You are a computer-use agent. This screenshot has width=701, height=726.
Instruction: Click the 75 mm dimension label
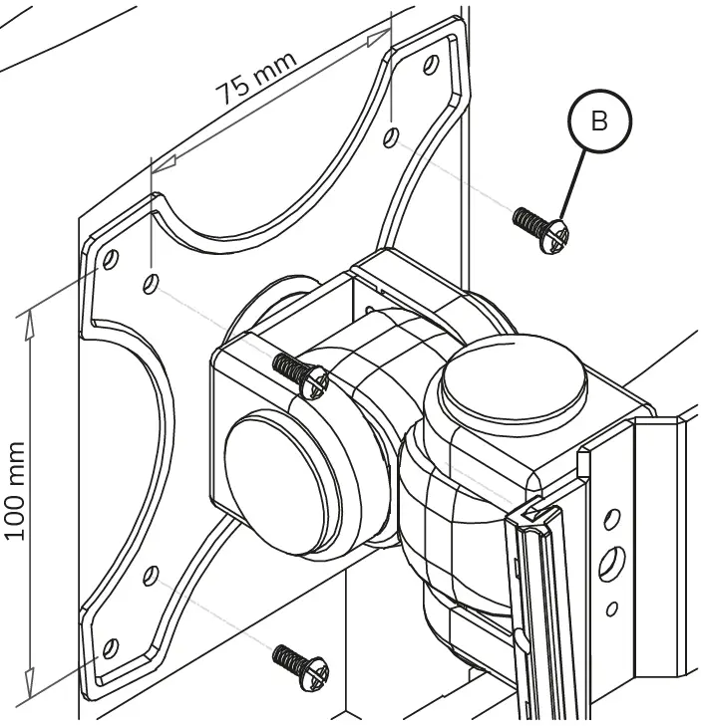pyautogui.click(x=258, y=79)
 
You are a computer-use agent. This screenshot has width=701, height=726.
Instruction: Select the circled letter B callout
pyautogui.click(x=599, y=122)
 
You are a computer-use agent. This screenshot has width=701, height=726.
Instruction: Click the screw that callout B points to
pyautogui.click(x=542, y=228)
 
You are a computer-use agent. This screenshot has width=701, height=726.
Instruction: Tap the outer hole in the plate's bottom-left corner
pyautogui.click(x=111, y=646)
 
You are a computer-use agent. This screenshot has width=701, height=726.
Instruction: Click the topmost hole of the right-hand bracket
pyautogui.click(x=613, y=518)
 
